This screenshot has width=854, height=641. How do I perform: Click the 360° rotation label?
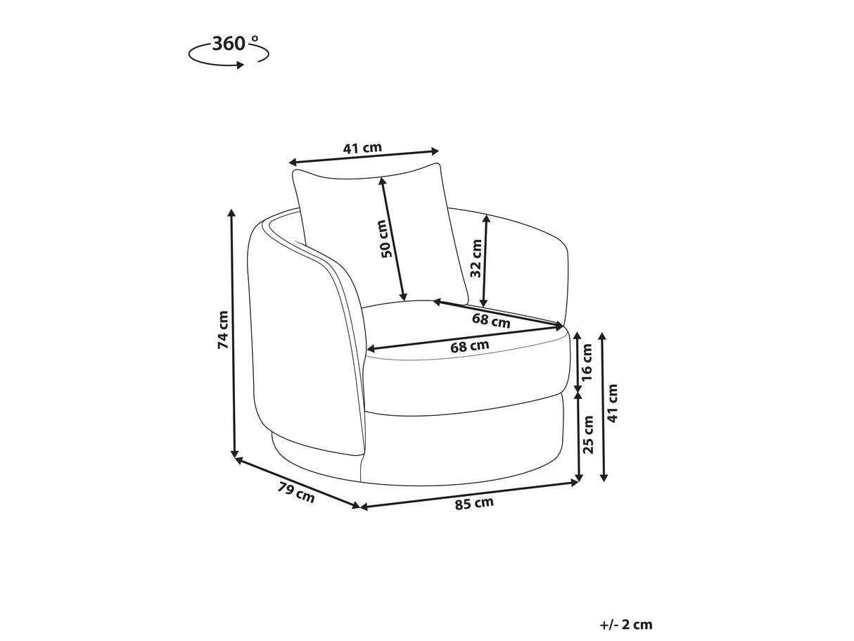click(x=235, y=44)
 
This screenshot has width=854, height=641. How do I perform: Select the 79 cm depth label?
click(x=296, y=492)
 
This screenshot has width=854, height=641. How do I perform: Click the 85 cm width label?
click(x=474, y=503)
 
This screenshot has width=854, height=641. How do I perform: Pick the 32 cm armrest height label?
click(x=476, y=258)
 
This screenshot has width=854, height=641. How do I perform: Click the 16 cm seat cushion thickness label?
click(x=587, y=362)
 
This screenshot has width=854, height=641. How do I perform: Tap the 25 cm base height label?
click(x=587, y=435)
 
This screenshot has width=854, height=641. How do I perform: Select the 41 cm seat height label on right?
click(x=611, y=403)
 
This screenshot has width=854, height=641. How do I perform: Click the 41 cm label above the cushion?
click(x=362, y=148)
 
